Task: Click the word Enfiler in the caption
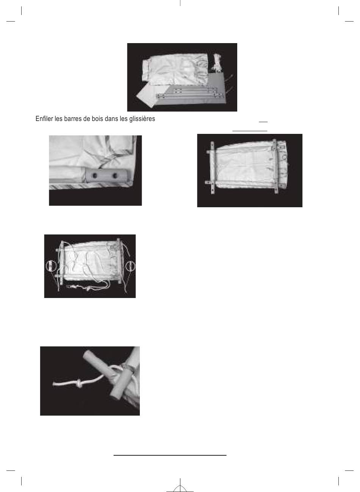point(44,119)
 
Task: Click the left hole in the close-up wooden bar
point(95,175)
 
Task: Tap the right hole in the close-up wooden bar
point(115,175)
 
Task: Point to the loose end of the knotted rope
point(54,384)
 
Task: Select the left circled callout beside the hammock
point(51,266)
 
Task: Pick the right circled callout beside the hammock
point(130,266)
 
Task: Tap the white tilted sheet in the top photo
point(148,96)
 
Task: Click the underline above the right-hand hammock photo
point(250,131)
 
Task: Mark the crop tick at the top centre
point(180,3)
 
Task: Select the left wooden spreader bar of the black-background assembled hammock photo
point(212,168)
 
